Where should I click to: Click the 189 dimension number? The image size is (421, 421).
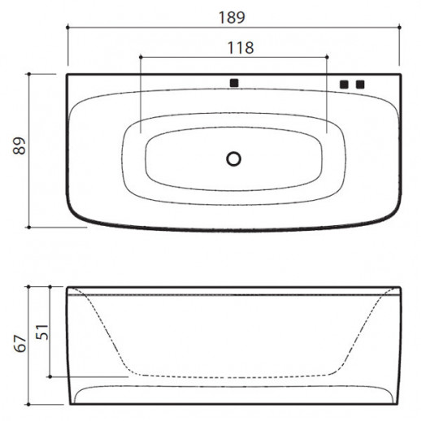(232, 17)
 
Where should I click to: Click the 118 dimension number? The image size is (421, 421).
(241, 48)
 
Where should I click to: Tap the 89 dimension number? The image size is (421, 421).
(20, 146)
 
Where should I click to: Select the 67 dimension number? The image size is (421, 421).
(20, 344)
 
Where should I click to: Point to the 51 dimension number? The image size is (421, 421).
(42, 332)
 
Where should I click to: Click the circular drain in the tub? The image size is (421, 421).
(233, 158)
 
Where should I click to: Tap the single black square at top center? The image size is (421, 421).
(234, 83)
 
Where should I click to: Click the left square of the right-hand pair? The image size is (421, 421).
(344, 85)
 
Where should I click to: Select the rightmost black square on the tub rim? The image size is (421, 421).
(360, 85)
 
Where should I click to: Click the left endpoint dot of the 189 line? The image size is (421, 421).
(67, 28)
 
